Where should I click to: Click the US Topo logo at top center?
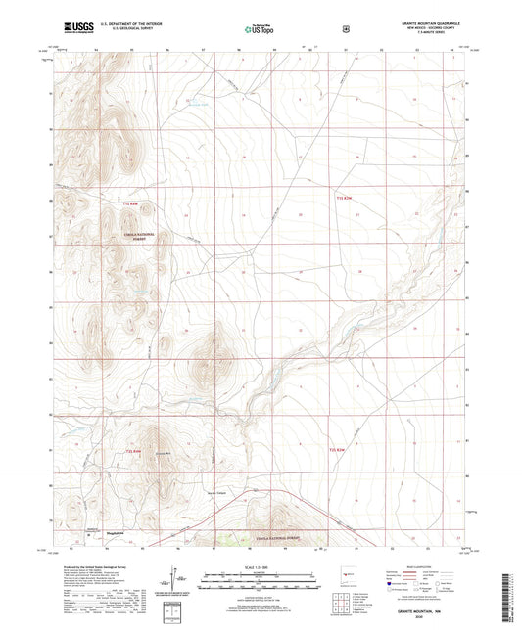point(257,28)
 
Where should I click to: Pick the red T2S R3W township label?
point(338,450)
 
